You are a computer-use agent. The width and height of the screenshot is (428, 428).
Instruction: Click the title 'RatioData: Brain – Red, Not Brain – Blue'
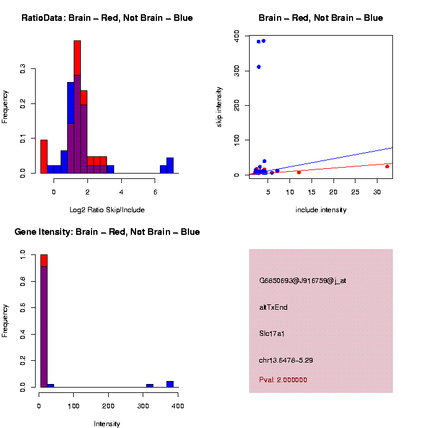tap(107, 18)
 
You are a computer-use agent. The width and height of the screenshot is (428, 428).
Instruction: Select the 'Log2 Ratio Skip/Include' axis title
tap(107, 210)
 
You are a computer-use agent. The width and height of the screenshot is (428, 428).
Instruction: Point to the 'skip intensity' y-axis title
tap(219, 106)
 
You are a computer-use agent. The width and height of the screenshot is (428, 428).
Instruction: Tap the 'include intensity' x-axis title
tap(321, 210)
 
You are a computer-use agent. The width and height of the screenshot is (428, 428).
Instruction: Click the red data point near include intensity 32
tap(387, 166)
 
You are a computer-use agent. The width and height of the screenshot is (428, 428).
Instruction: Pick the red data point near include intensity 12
tap(299, 172)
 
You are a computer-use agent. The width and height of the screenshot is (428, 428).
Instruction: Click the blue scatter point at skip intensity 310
tap(259, 67)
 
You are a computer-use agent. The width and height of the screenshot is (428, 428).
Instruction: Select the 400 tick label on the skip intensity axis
tap(237, 36)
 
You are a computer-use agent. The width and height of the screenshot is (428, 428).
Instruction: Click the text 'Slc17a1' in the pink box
tap(272, 333)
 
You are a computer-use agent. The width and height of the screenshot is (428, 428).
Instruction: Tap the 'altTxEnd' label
tap(273, 307)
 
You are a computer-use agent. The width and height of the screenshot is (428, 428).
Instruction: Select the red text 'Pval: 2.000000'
tap(283, 380)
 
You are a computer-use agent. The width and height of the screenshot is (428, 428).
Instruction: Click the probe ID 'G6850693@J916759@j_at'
tap(303, 281)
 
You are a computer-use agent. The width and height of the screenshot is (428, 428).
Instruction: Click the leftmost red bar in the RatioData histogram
tap(43, 156)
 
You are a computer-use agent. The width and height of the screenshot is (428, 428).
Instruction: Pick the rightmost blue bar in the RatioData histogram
tap(170, 165)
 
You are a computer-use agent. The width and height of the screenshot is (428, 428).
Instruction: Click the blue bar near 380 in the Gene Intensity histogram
tap(170, 384)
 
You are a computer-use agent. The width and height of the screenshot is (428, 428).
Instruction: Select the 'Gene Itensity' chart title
tap(107, 232)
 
